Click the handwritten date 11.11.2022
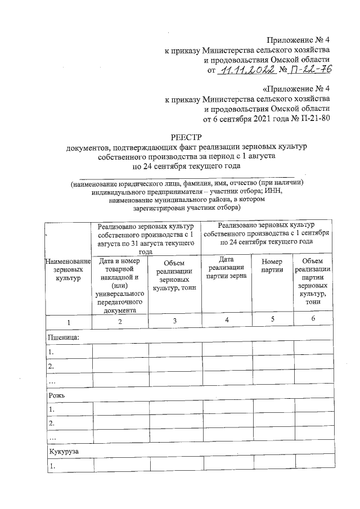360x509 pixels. tap(247, 70)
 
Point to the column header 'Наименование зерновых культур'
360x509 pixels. tap(68, 269)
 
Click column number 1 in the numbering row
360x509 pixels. tap(68, 321)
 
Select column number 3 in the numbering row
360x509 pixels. tap(175, 321)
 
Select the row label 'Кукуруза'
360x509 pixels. tap(63, 452)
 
